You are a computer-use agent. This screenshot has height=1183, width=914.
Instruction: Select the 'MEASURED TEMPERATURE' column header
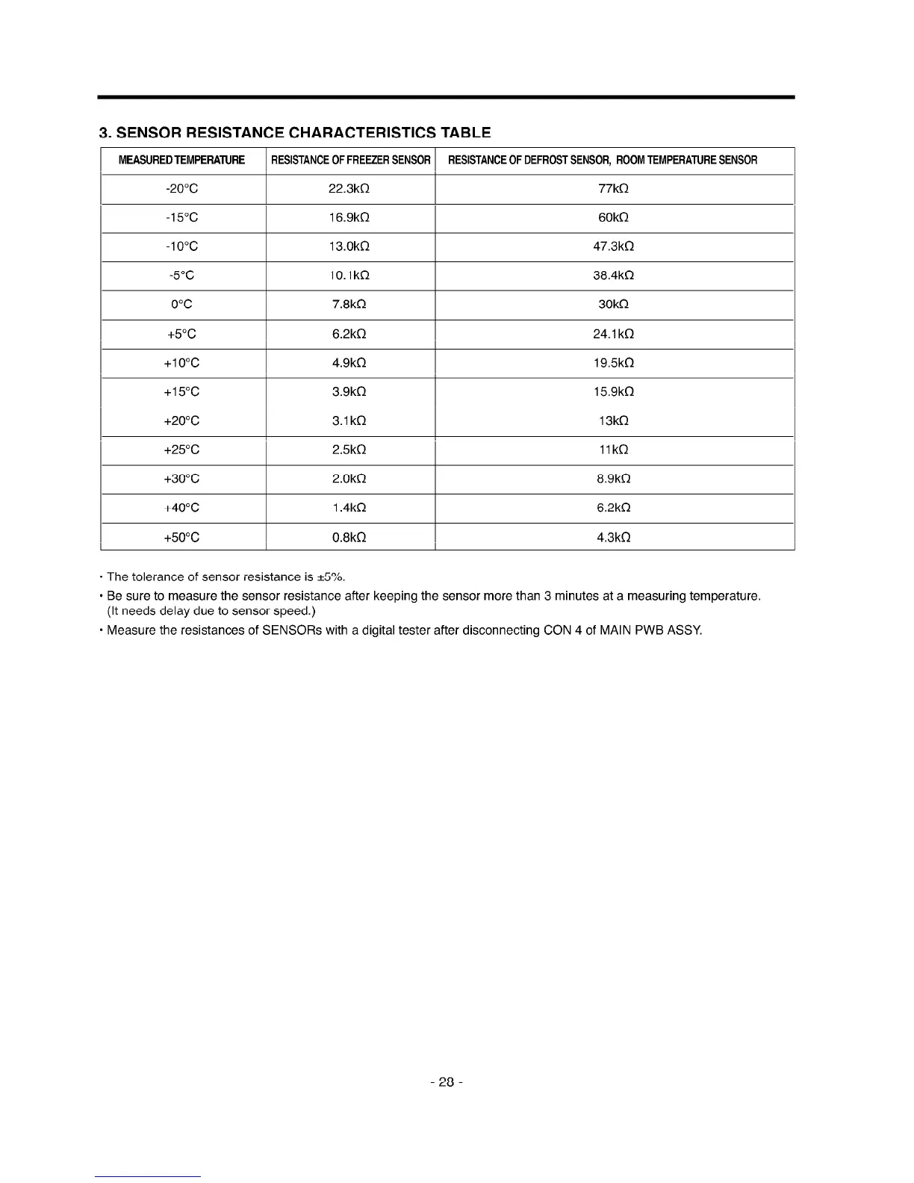click(x=181, y=161)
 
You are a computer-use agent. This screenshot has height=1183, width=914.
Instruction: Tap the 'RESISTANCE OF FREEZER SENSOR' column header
click(x=350, y=161)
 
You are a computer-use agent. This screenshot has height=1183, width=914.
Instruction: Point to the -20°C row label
click(x=181, y=189)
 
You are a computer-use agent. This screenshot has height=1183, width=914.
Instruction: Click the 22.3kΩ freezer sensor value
click(x=349, y=189)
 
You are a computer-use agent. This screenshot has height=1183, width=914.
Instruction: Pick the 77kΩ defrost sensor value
click(x=614, y=189)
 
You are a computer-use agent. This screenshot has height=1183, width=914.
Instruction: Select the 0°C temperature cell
click(x=181, y=305)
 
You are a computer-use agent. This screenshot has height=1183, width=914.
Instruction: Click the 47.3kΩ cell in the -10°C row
click(x=614, y=246)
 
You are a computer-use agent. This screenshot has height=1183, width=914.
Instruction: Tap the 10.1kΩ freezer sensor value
click(x=349, y=276)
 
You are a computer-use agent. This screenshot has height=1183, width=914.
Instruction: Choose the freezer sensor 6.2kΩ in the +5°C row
click(x=349, y=334)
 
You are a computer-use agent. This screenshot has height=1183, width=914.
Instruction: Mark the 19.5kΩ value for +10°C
click(x=614, y=363)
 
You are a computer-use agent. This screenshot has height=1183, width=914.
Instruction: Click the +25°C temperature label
click(x=181, y=450)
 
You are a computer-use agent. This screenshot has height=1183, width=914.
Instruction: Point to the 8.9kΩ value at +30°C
click(x=614, y=479)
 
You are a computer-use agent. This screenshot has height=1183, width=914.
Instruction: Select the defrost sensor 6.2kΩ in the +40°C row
click(x=614, y=509)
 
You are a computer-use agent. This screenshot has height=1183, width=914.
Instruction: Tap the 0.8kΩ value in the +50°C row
click(x=349, y=538)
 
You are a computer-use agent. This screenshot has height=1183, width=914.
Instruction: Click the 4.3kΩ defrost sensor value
click(x=614, y=538)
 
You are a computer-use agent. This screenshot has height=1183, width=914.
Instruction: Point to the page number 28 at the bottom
click(x=447, y=1082)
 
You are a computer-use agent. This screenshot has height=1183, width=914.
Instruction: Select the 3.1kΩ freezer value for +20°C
click(x=349, y=421)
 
